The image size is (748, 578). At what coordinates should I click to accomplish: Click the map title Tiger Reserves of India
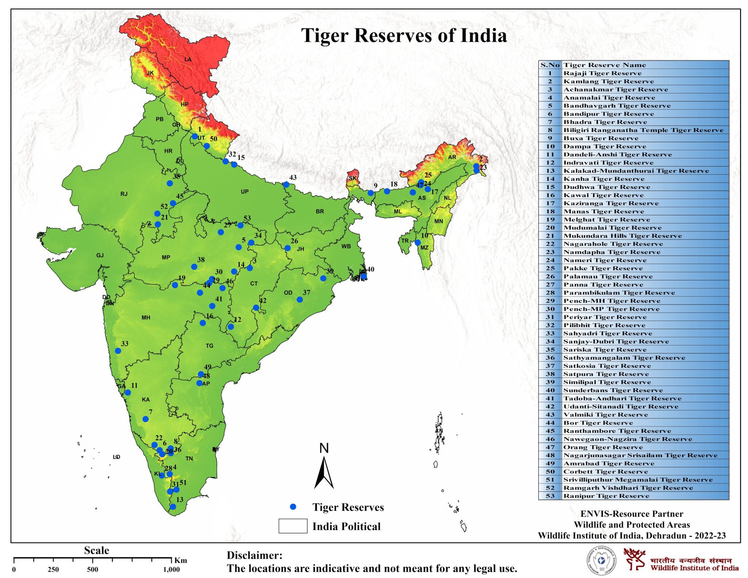[404, 36]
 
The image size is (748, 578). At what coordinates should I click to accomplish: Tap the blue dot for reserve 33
[118, 351]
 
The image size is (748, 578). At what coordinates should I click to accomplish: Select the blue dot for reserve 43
[286, 185]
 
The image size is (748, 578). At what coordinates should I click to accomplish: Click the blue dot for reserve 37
[299, 299]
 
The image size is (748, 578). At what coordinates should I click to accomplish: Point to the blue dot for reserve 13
[173, 507]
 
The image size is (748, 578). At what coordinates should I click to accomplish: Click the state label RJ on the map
[124, 194]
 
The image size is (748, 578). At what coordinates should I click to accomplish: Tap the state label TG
[209, 345]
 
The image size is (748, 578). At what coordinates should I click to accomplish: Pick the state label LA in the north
[188, 59]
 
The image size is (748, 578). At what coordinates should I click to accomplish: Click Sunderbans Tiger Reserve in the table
[613, 390]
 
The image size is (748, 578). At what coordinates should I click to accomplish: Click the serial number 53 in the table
[550, 496]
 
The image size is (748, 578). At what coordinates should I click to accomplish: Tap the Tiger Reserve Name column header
[604, 65]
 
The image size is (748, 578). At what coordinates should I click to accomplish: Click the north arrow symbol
[324, 473]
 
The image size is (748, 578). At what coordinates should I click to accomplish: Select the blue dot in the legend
[293, 507]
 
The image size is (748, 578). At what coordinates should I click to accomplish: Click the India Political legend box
[293, 526]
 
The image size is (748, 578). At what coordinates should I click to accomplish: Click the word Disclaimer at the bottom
[255, 555]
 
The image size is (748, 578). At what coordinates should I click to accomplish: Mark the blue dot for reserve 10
[418, 242]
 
